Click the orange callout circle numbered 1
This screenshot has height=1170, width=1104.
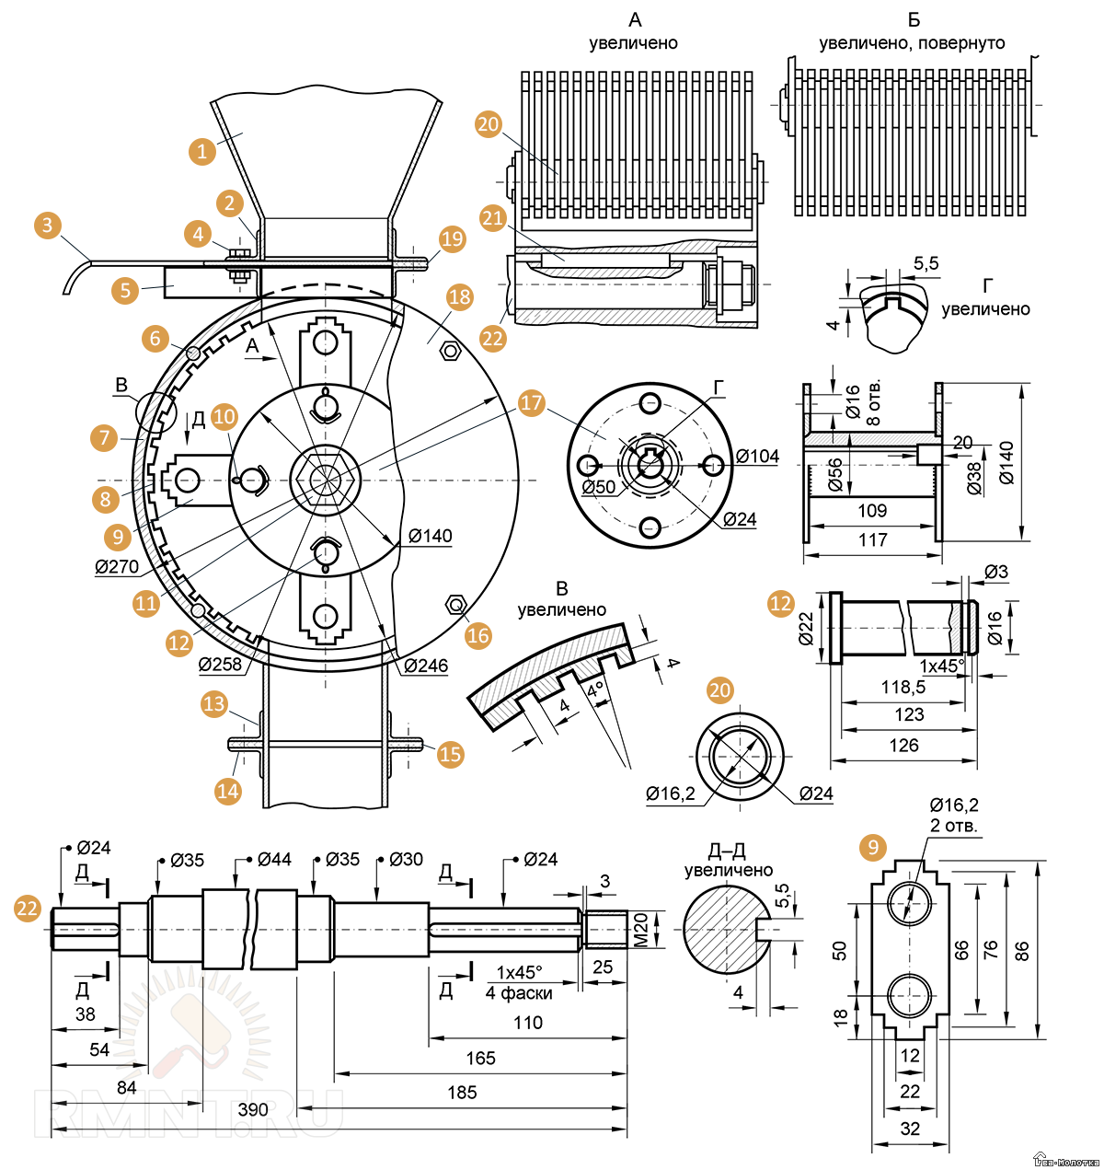point(202,151)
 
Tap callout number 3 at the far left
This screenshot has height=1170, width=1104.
point(48,226)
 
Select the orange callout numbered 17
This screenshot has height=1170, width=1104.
point(532,402)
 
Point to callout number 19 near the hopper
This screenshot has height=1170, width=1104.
point(453,239)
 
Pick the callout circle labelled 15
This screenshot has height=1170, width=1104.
point(450,754)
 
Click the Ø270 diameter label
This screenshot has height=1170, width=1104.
point(117,566)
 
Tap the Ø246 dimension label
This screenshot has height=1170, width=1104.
point(426,666)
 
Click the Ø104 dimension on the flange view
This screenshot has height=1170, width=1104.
point(757,456)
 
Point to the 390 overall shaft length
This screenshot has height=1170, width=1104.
point(253,1109)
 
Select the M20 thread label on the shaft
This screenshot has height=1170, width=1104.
point(641,930)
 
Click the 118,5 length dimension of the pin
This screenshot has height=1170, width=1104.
point(903,687)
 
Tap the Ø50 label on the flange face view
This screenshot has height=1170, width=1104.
point(599,487)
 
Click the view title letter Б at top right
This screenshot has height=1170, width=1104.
point(914,19)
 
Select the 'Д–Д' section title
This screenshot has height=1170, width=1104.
point(727,850)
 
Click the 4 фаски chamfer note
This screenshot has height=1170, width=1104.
point(519,992)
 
